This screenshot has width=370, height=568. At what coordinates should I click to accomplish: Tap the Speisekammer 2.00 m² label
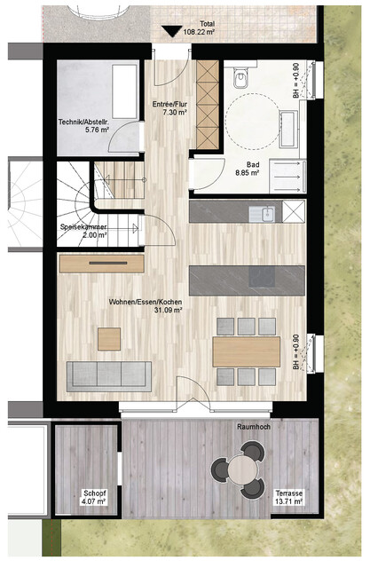[x=83, y=232]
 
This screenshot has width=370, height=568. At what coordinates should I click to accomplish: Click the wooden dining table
[x=246, y=351]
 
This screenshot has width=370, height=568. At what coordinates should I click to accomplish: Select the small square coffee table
[x=110, y=338]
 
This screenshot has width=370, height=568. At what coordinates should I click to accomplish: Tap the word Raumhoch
[x=254, y=427]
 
